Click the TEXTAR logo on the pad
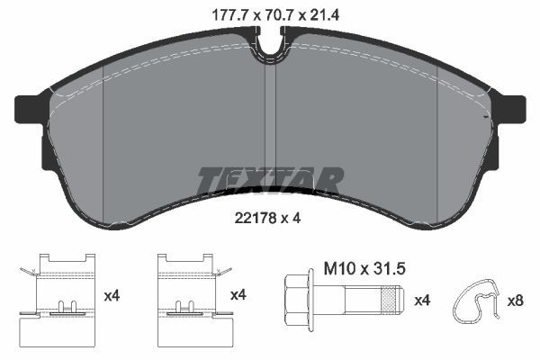pyautogui.click(x=270, y=180)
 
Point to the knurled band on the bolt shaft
pyautogui.click(x=389, y=299)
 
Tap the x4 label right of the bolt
pyautogui.click(x=422, y=299)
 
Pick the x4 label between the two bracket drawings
pyautogui.click(x=113, y=294)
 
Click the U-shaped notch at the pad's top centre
pyautogui.click(x=270, y=41)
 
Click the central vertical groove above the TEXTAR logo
pyautogui.click(x=270, y=117)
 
